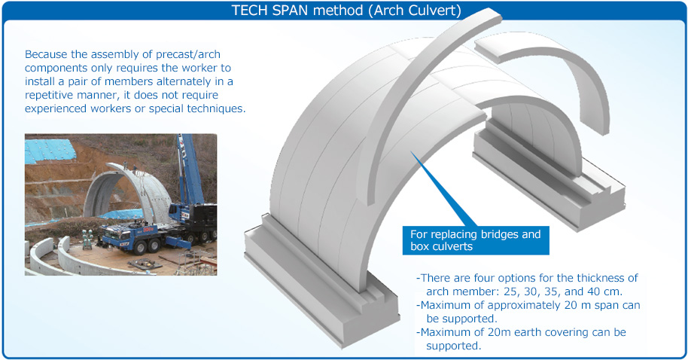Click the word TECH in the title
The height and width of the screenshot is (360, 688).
pos(250,10)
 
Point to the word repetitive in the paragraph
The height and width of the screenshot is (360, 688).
pos(49,95)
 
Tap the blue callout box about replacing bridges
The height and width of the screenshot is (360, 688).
pos(476,240)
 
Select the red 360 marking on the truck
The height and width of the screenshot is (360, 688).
pos(150,229)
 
